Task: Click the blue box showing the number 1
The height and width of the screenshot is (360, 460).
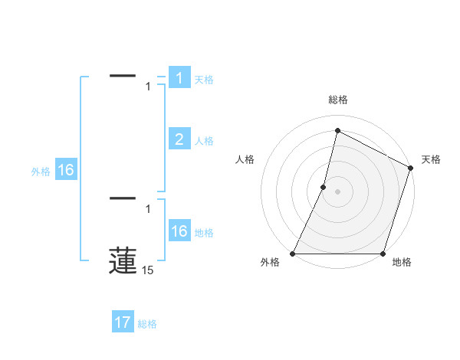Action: (179, 78)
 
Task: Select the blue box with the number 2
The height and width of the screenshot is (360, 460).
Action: (179, 139)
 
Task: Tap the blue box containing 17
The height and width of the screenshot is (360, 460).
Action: (123, 322)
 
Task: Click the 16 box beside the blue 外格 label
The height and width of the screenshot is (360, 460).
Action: (66, 170)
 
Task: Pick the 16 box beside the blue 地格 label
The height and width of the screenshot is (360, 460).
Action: (179, 231)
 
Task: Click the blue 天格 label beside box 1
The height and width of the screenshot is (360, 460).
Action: (204, 80)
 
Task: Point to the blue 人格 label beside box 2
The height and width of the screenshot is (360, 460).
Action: (204, 141)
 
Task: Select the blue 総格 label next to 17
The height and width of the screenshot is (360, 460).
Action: (147, 324)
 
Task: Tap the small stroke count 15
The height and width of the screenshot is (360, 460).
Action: (148, 270)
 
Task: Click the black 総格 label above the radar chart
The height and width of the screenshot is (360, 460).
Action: (338, 100)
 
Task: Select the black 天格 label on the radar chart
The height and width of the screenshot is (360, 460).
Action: (431, 159)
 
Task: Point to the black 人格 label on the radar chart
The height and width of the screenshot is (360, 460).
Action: (245, 159)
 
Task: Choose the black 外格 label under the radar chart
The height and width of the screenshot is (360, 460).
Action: (270, 263)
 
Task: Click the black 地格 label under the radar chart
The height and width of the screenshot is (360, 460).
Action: (402, 263)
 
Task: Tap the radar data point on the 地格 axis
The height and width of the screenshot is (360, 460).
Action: (383, 254)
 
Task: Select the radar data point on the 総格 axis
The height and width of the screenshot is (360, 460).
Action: (337, 131)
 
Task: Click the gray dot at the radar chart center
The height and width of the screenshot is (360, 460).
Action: (337, 191)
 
